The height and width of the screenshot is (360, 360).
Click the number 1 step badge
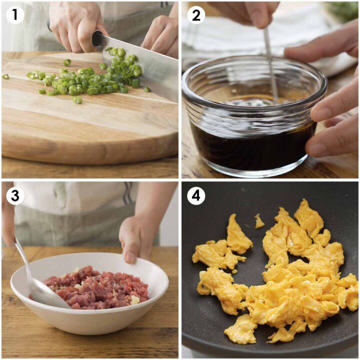15,15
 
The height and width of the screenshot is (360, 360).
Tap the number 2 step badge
196,15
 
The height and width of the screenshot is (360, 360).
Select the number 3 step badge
15,196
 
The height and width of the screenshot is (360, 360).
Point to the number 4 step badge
196,196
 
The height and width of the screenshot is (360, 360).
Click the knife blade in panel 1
150,65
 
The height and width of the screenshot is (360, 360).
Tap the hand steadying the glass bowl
330,115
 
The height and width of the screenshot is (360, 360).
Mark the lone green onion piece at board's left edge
5,76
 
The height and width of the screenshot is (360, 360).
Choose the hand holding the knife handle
75,25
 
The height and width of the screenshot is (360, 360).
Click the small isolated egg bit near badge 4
259,221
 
